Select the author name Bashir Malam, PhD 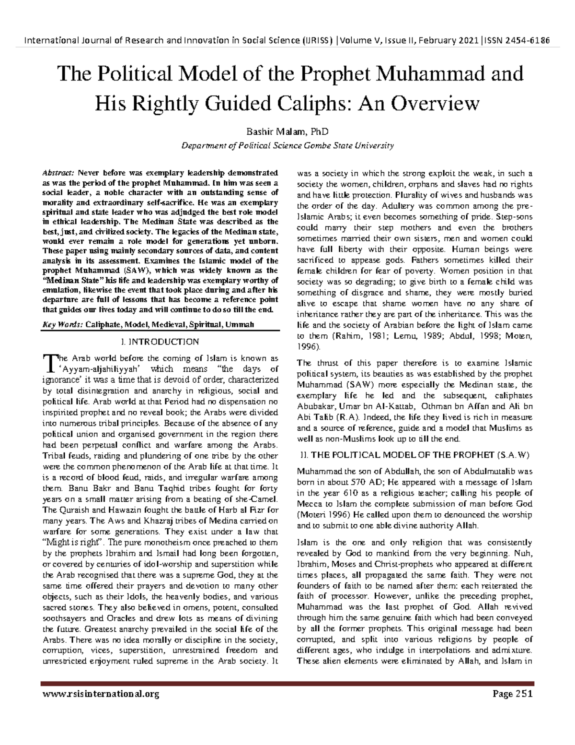[x=287, y=131]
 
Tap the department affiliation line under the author [x=287, y=146]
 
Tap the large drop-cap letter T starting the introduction [x=49, y=362]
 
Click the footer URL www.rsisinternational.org [x=101, y=694]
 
